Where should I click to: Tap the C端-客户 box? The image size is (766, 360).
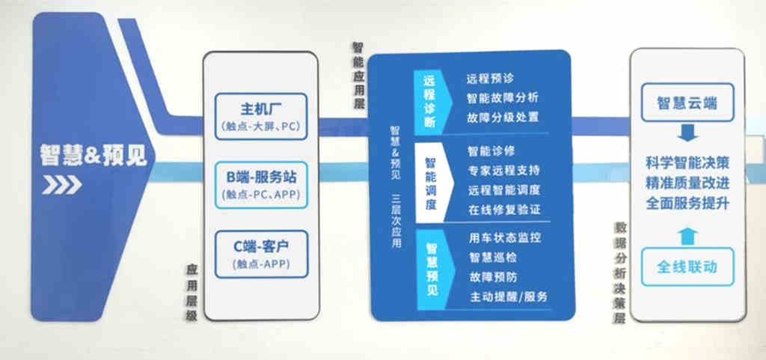(x=261, y=252)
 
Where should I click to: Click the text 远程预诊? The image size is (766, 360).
(x=490, y=78)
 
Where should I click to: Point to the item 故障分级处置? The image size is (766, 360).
(x=503, y=117)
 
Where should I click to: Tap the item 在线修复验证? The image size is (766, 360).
(x=503, y=210)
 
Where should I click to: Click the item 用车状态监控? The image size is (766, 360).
(x=503, y=238)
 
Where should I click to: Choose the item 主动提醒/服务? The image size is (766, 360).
(x=509, y=296)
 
